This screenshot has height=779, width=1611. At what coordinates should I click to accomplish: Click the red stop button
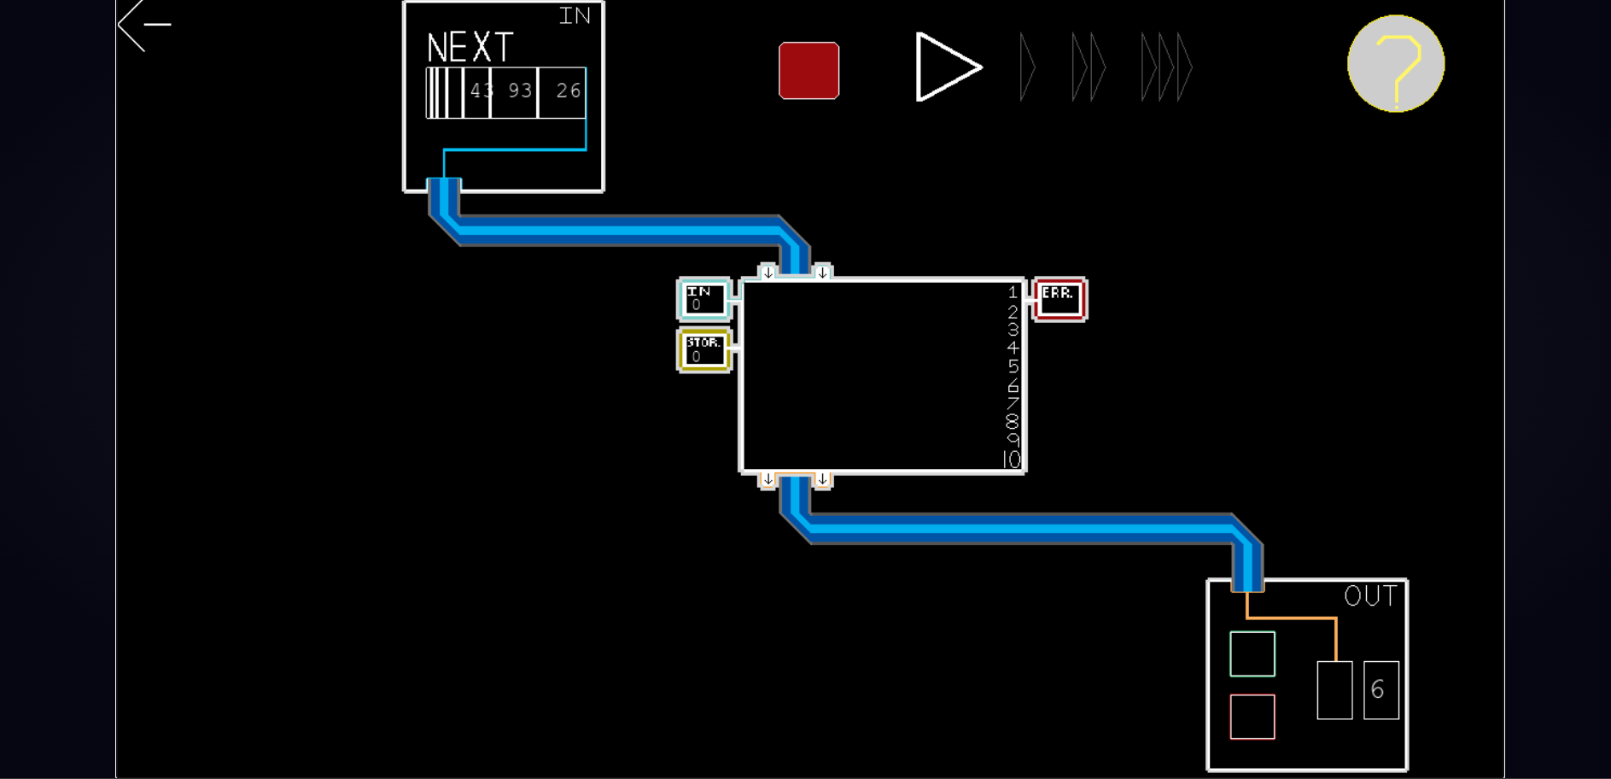808,70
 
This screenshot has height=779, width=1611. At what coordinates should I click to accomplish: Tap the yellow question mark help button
1395,64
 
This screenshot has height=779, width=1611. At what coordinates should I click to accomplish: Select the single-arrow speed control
1028,67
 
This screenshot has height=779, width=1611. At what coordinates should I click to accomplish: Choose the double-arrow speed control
1089,67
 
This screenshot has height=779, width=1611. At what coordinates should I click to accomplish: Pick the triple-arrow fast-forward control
1166,67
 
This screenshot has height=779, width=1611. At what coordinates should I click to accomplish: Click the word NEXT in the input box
470,48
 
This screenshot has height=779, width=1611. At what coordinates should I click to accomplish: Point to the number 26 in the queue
569,91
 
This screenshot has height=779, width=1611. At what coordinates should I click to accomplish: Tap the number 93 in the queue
520,91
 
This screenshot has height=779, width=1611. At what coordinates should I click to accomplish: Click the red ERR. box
1059,299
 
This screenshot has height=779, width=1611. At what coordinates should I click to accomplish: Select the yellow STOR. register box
704,350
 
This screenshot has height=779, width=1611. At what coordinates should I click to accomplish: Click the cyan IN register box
704,299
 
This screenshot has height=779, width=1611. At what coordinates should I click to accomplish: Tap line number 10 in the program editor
1012,460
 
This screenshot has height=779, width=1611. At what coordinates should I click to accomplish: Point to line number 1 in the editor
1013,292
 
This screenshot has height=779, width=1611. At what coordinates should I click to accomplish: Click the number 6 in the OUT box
1377,689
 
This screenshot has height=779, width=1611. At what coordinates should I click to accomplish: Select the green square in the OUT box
1252,654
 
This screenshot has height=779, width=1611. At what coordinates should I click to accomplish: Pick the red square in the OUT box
1252,717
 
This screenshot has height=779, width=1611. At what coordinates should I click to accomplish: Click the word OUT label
1370,595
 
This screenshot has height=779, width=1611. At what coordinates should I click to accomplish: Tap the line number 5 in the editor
1013,366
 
